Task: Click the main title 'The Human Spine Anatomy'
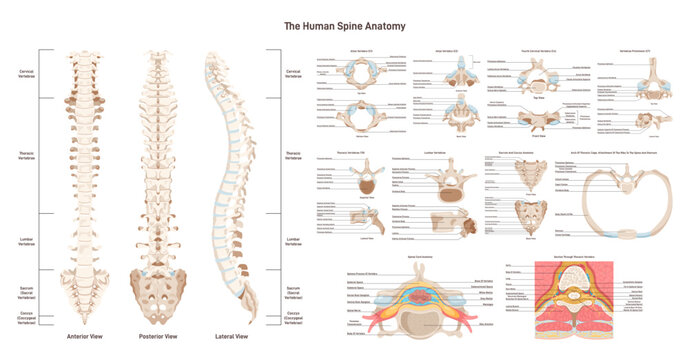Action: [x=345, y=25]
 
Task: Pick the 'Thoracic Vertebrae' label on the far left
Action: [x=28, y=156]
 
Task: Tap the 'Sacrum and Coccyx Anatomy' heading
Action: [x=531, y=154]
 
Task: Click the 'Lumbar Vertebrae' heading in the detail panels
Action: [x=435, y=154]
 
